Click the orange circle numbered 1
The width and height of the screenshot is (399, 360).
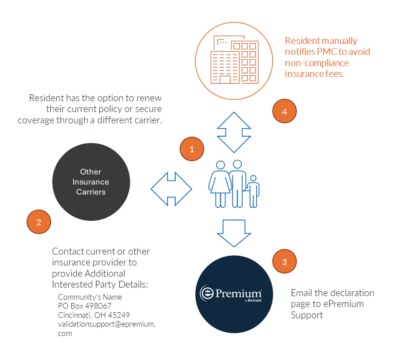pos(192,149)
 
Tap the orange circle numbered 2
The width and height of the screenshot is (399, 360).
pos(39,222)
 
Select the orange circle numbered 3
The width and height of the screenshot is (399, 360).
pos(285,262)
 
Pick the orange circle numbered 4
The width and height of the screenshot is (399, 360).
pos(285,112)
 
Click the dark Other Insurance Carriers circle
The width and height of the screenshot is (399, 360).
pos(91,182)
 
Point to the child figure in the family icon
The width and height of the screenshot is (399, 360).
pos(253,191)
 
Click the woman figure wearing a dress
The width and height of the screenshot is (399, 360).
pos(220,185)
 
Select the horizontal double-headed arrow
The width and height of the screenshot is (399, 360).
pos(171,189)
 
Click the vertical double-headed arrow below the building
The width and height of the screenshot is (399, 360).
pos(234,132)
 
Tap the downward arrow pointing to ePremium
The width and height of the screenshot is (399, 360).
pos(234,233)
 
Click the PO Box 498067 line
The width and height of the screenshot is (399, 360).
pos(85,306)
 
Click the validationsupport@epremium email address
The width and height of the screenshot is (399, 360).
pos(106,324)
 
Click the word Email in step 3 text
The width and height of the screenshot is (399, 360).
pos(302,293)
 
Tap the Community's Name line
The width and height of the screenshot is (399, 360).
pos(90,297)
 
